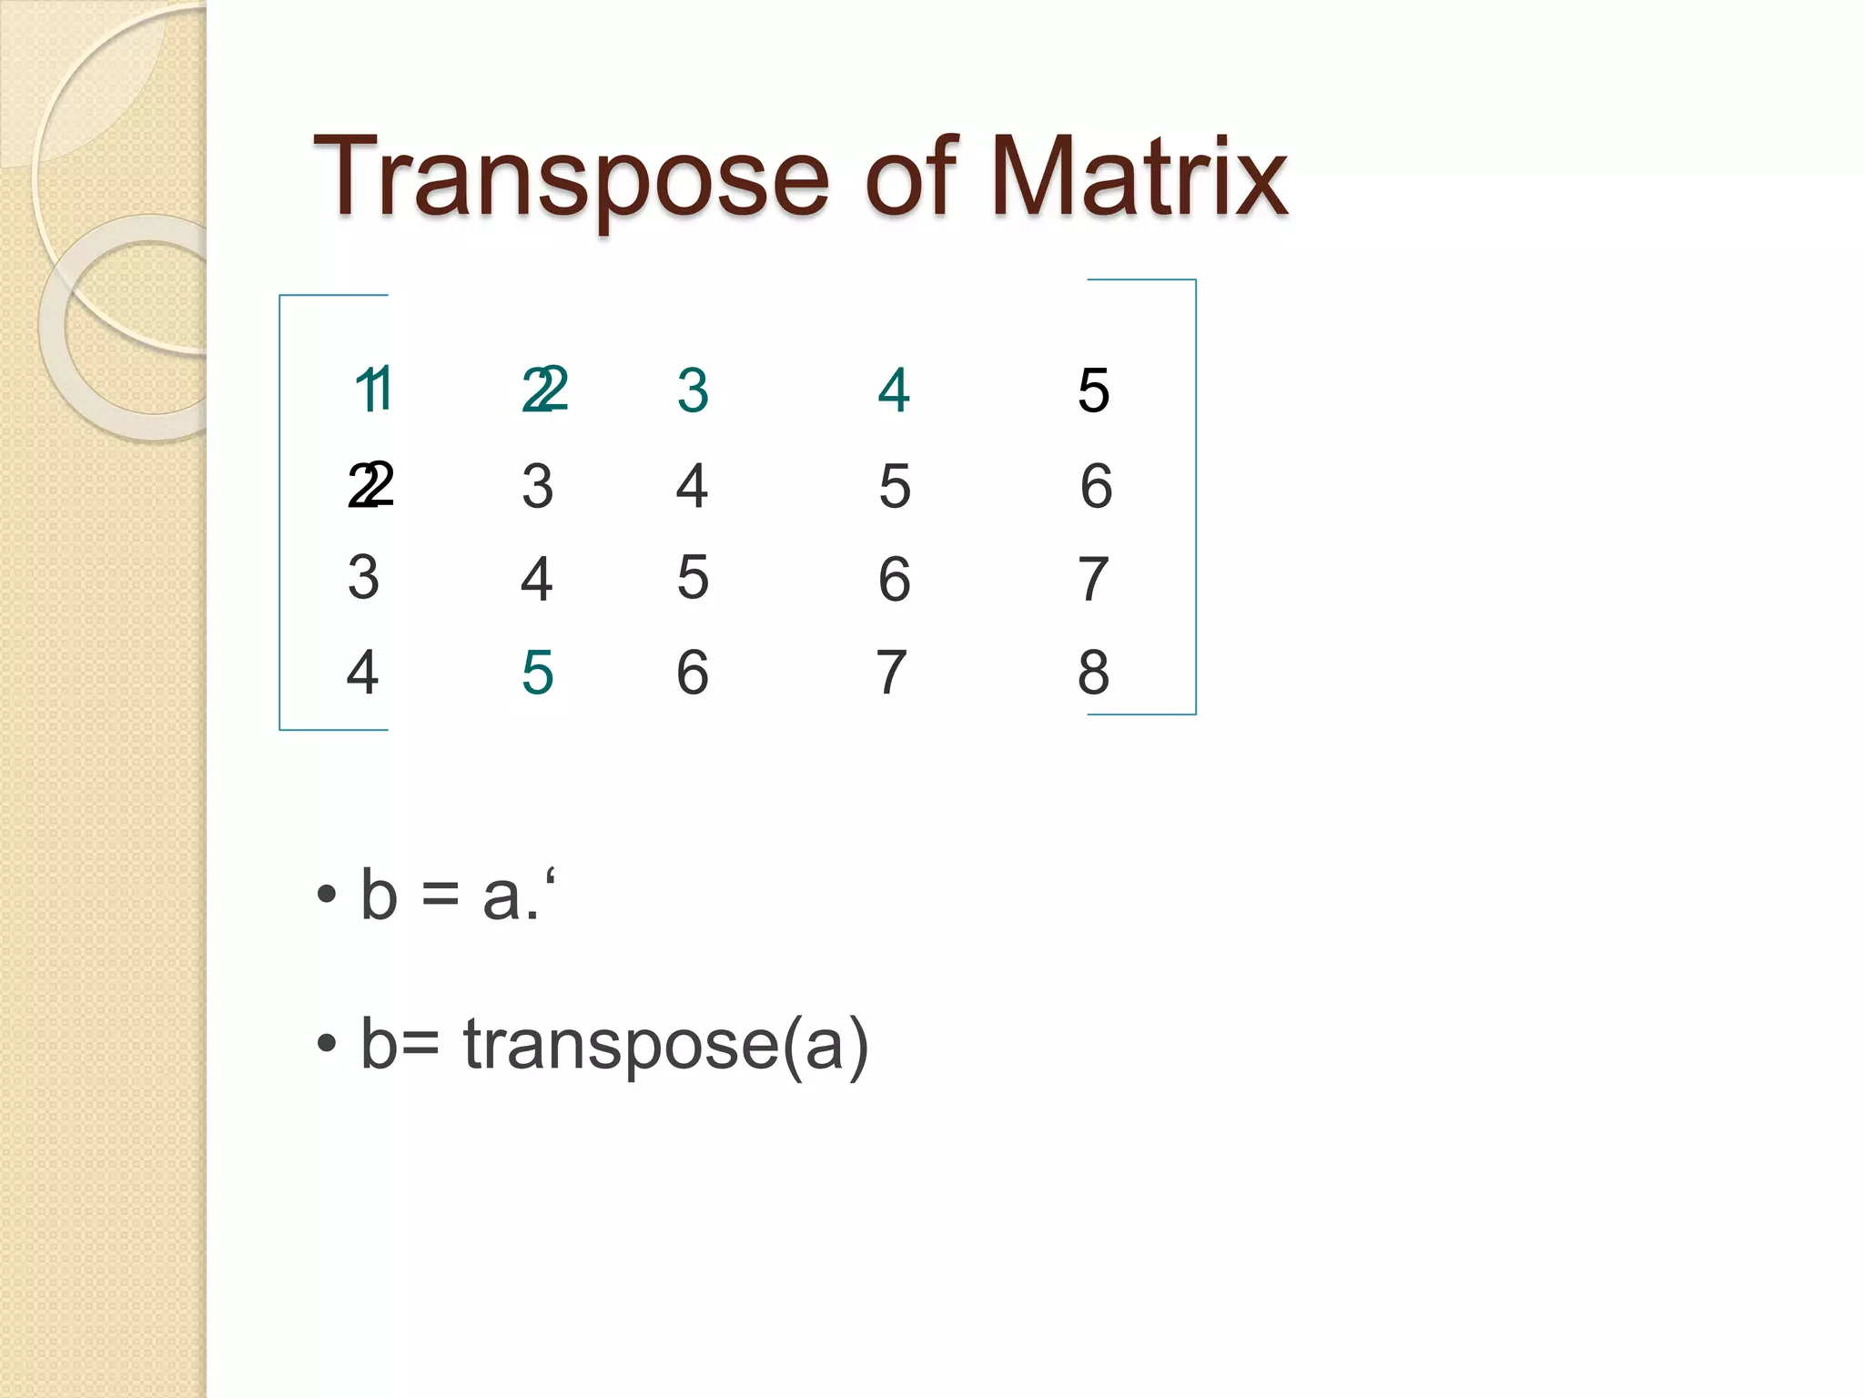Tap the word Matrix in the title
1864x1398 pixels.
tap(1138, 177)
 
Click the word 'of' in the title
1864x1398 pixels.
tap(911, 177)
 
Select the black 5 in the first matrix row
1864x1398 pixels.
tap(1093, 390)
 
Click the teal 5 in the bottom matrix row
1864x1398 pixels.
tap(537, 673)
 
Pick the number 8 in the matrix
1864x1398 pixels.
tap(1093, 673)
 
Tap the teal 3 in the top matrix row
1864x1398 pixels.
tap(693, 390)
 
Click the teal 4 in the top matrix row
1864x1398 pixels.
tap(894, 390)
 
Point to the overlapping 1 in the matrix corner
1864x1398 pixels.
tap(373, 390)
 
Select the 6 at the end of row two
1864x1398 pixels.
tap(1096, 485)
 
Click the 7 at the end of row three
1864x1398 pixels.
tap(1093, 579)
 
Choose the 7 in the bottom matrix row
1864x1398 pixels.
tap(891, 673)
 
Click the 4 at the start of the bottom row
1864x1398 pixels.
tap(362, 673)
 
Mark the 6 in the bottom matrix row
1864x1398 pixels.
tap(692, 673)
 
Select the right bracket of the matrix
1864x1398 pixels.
tap(1195, 497)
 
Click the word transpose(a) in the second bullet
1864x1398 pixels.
tap(665, 1044)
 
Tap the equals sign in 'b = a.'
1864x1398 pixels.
tap(441, 897)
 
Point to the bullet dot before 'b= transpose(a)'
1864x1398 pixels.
tap(326, 1044)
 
